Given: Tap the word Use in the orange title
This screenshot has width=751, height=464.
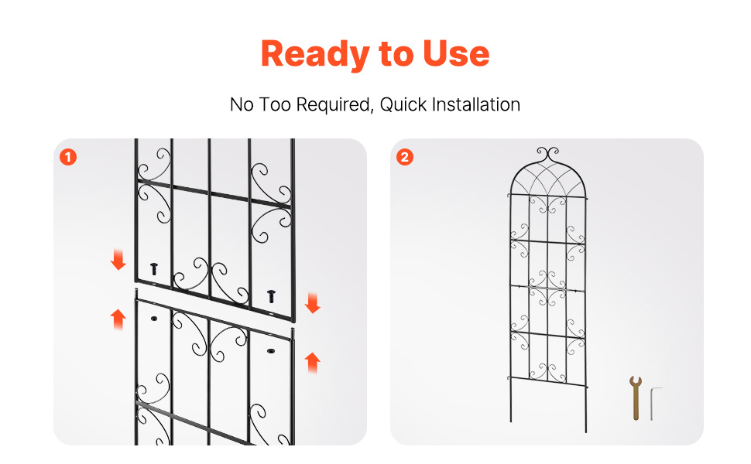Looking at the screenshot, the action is point(456,53).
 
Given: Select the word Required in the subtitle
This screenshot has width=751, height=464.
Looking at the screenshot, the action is point(334,104).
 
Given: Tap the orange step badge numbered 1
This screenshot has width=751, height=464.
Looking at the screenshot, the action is point(68,157).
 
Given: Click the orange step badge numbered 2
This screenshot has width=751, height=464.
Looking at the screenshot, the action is point(405,157).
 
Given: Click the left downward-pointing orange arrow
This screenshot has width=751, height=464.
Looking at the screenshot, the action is point(118,260).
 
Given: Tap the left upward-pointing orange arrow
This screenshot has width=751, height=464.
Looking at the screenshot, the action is point(118,319).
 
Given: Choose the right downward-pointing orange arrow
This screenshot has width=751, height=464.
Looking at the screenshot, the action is point(312,303).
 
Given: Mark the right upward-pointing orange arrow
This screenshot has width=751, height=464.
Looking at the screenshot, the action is point(312,363).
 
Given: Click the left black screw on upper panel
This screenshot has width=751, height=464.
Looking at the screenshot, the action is point(154,269).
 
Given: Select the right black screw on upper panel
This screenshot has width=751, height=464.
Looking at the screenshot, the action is point(271,296).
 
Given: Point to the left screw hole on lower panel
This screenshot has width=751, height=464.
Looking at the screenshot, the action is point(154,318).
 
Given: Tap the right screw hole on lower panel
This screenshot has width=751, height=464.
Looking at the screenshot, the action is point(271,351).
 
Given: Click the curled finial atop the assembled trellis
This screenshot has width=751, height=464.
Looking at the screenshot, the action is point(547,154).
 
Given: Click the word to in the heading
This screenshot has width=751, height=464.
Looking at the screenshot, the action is point(396,55).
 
